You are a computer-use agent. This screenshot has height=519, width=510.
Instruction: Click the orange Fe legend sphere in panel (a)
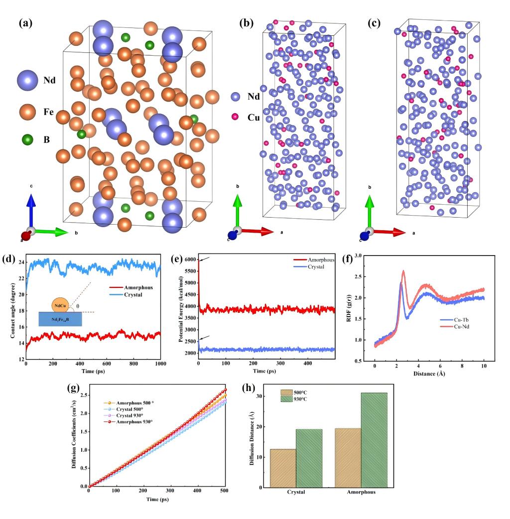coord(27,111)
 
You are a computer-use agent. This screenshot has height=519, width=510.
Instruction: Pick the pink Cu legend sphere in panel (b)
coord(235,116)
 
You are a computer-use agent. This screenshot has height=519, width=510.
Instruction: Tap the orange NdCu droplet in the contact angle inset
coord(59,303)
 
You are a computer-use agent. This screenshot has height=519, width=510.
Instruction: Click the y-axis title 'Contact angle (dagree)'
coord(12,304)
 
